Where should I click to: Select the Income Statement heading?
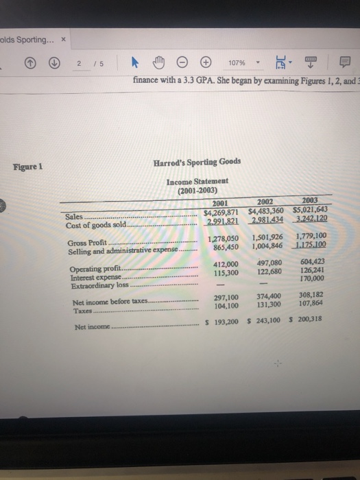198,181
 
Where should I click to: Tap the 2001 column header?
220,202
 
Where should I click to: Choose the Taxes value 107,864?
313,304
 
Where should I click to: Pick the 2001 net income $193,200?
222,322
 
